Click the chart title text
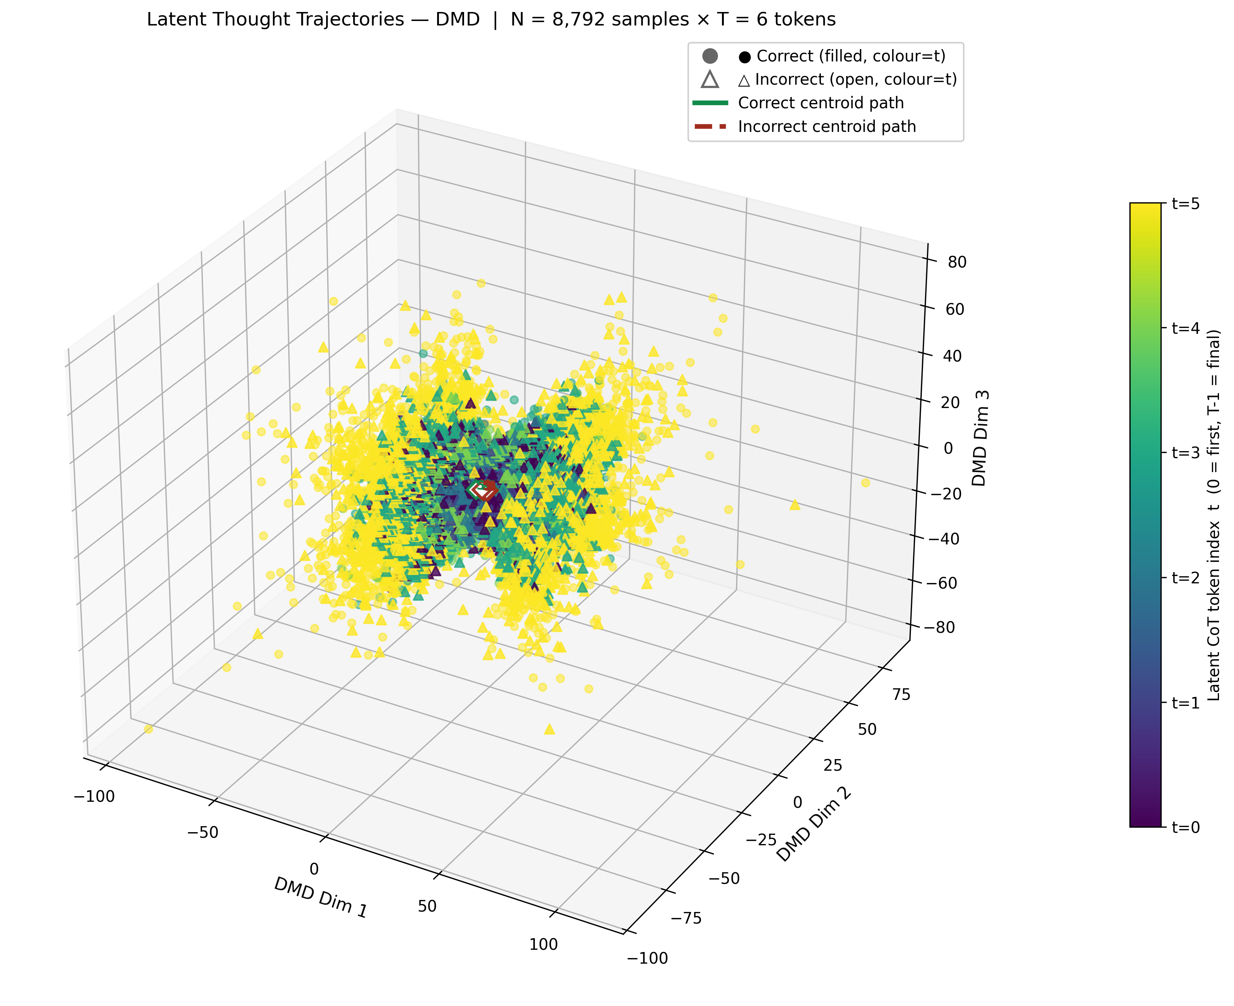(x=491, y=19)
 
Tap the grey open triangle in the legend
(x=710, y=79)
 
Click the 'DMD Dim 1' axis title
(x=320, y=897)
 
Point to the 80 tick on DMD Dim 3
(x=957, y=262)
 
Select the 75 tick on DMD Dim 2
(x=902, y=694)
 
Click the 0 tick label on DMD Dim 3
(x=948, y=448)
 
